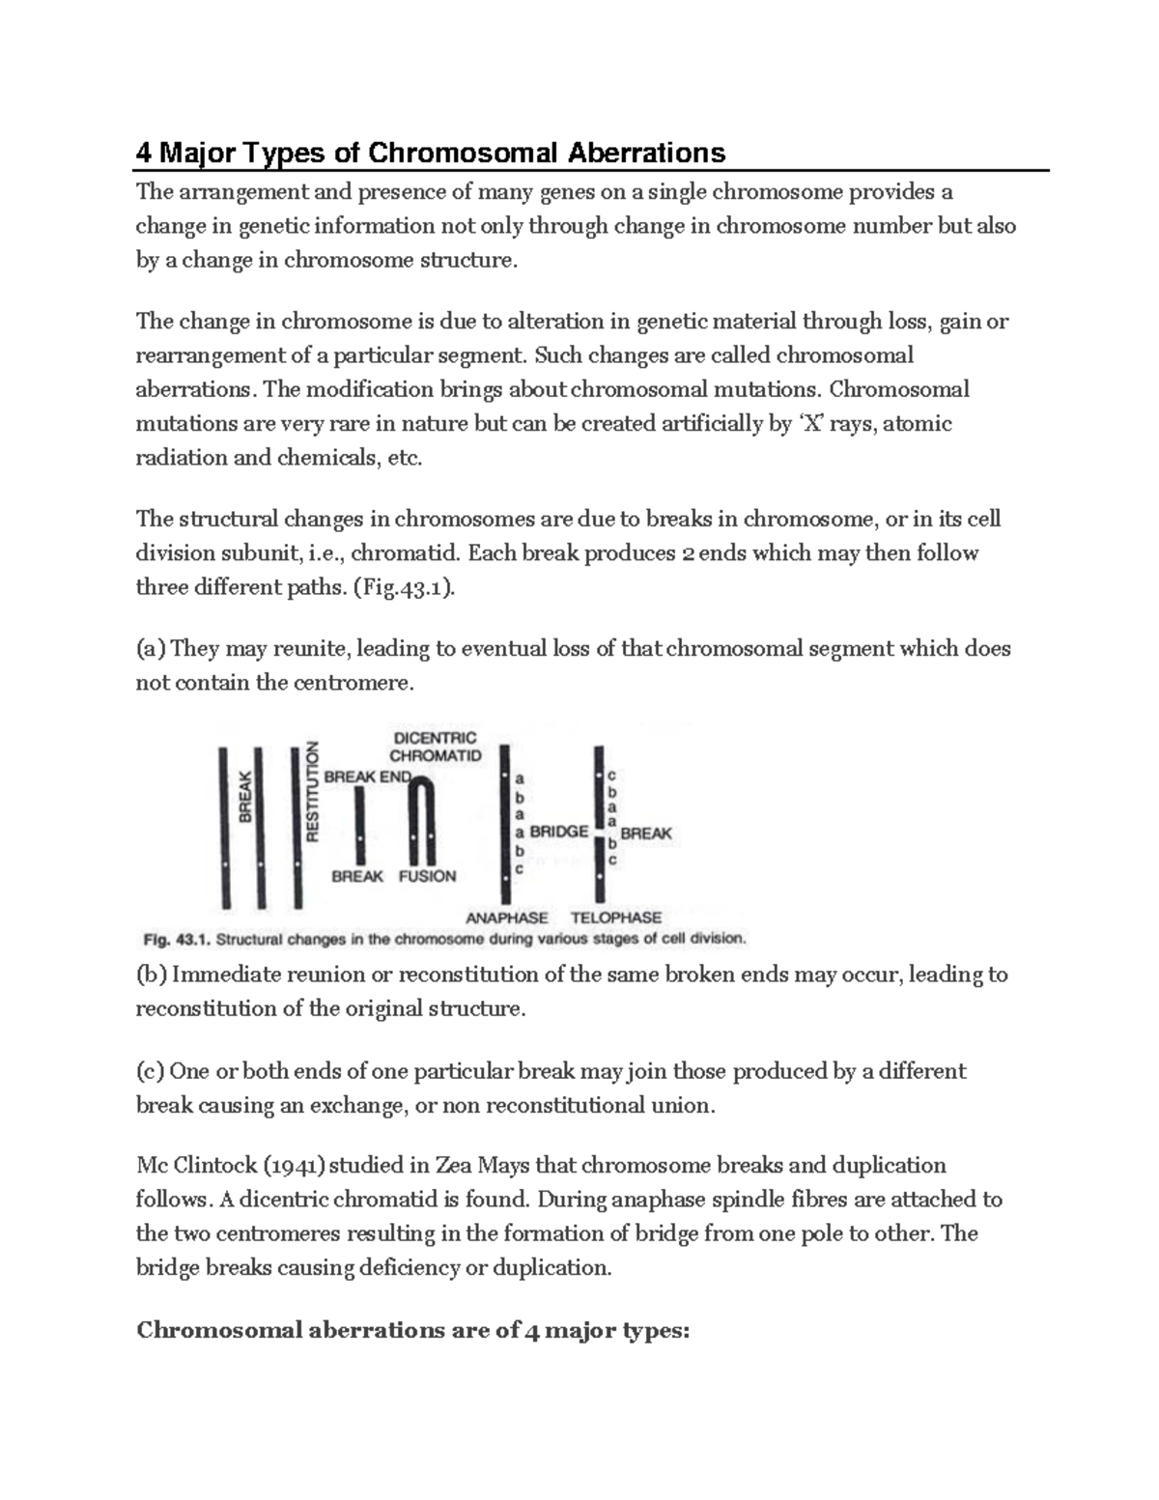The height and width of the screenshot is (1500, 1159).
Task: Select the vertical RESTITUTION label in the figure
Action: tap(312, 792)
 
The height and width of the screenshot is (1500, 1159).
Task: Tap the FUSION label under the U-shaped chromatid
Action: tap(427, 876)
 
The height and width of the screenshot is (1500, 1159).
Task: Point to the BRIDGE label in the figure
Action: tap(559, 832)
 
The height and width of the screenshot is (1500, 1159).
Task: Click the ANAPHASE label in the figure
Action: tap(507, 918)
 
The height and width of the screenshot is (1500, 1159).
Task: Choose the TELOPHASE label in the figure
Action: tap(616, 918)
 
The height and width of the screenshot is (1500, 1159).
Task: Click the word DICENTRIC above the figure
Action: tap(434, 738)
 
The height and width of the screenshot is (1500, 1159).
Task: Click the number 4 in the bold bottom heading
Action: tap(530, 1330)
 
